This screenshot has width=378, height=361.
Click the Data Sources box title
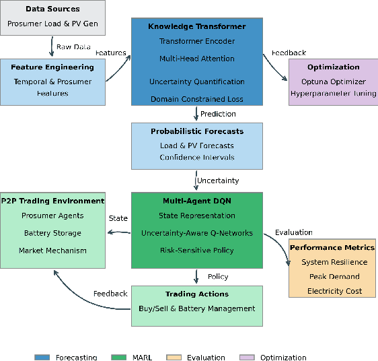[x=52, y=9]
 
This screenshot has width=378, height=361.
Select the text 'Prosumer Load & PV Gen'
[x=52, y=24]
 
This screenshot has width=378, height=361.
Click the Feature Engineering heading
[x=52, y=67]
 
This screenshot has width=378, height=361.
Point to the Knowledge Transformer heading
[x=197, y=27]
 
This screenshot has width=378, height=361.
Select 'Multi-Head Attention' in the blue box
[x=197, y=59]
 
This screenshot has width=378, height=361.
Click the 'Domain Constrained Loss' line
[x=197, y=100]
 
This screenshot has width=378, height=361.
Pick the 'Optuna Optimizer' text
[x=334, y=81]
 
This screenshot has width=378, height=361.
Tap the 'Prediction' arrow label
[x=218, y=114]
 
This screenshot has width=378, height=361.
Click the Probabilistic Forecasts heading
[x=197, y=131]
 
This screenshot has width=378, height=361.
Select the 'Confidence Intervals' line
[x=197, y=158]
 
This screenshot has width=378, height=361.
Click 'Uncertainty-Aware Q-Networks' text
[x=197, y=233]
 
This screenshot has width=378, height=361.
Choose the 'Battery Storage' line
[x=52, y=233]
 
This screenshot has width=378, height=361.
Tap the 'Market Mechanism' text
[x=52, y=251]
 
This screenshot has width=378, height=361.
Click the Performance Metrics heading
[x=332, y=248]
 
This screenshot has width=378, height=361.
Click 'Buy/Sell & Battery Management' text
[x=197, y=308]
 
